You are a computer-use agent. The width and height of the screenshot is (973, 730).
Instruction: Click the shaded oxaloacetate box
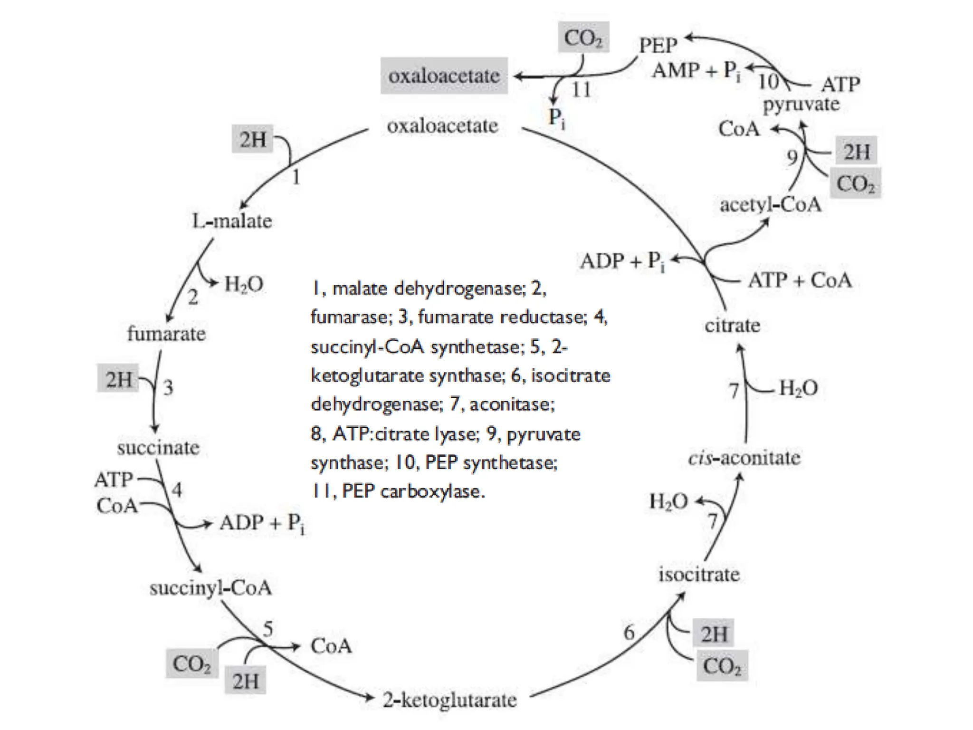tap(444, 76)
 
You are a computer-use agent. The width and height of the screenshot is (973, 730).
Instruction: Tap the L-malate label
tap(232, 221)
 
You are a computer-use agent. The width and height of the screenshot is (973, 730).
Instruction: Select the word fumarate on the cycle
tap(166, 334)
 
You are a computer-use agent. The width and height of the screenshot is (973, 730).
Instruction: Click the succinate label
tap(158, 448)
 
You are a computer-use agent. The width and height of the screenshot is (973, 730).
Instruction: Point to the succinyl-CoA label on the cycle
tap(210, 588)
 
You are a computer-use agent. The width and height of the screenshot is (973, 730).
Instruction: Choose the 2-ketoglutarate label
tap(449, 700)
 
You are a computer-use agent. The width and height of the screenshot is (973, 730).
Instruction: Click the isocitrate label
tap(699, 575)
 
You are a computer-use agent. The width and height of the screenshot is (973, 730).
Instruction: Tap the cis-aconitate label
tap(744, 458)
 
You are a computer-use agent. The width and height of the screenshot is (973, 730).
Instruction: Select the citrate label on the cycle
tap(732, 326)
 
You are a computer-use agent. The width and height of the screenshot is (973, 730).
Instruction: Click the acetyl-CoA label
tap(770, 205)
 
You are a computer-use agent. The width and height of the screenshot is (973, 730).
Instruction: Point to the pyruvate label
tap(801, 104)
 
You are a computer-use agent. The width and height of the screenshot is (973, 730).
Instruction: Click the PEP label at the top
tap(658, 46)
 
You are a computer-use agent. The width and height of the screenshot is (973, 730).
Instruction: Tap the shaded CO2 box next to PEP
tap(583, 38)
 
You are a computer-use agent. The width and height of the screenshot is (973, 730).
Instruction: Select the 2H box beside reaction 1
tap(252, 139)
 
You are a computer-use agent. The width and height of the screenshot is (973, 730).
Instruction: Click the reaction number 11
tap(581, 90)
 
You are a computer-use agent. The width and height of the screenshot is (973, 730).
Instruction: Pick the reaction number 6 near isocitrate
tap(629, 633)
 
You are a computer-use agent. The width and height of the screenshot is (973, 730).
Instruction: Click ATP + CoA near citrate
tap(800, 280)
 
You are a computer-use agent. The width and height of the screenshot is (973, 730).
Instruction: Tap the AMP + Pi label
tap(696, 71)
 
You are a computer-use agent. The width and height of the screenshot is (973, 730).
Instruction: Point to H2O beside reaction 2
tap(243, 284)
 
